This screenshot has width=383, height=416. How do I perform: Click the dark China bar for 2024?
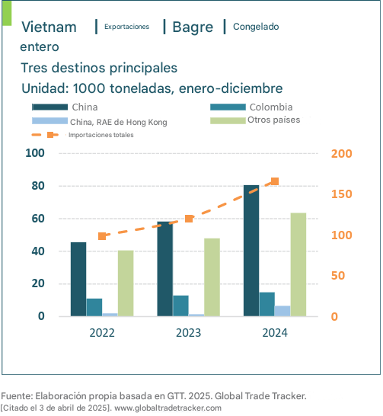[251, 251]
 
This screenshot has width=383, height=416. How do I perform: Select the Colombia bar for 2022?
[94, 308]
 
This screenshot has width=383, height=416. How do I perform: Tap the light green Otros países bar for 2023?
[212, 277]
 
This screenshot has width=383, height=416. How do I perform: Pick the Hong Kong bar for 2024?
[282, 311]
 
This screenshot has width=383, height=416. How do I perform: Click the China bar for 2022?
[78, 279]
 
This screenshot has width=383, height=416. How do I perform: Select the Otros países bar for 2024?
[298, 264]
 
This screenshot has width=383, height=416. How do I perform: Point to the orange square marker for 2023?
[189, 219]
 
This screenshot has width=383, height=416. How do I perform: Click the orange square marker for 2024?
[275, 181]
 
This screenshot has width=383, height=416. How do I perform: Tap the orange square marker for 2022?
[102, 236]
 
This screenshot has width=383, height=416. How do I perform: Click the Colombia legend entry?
[251, 107]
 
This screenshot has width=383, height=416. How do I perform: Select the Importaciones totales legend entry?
[82, 135]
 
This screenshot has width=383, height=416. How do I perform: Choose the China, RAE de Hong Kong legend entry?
[100, 122]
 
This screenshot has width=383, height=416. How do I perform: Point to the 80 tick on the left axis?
[38, 186]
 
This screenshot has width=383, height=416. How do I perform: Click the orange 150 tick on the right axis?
[341, 194]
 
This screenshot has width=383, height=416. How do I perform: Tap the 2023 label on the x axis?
[188, 333]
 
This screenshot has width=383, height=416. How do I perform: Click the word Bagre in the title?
[193, 27]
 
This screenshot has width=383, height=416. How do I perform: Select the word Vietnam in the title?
[49, 27]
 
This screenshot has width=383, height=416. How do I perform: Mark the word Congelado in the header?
[256, 27]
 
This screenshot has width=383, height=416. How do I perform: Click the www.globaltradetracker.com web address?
[168, 408]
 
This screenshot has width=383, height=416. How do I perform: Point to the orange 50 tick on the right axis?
[338, 276]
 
